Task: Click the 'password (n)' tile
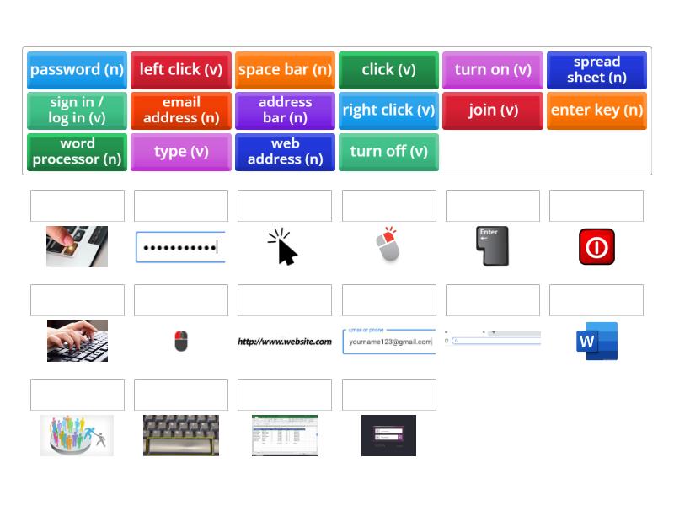(77, 70)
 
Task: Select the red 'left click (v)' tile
(181, 70)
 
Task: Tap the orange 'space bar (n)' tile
(285, 70)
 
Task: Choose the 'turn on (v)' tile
(493, 70)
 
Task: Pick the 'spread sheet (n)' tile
(596, 70)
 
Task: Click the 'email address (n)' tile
(181, 110)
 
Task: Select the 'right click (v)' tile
(388, 110)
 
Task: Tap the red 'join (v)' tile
(493, 110)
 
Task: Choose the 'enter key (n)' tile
(596, 110)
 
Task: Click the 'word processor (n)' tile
(77, 152)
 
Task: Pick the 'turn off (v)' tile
(388, 152)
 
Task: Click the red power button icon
(596, 247)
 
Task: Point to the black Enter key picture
(492, 246)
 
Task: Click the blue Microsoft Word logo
(596, 341)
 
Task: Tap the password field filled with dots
(180, 247)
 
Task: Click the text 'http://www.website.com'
(285, 342)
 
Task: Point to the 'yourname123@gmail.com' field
(389, 342)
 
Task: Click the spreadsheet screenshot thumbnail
(285, 435)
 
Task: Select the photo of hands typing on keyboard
(78, 341)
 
